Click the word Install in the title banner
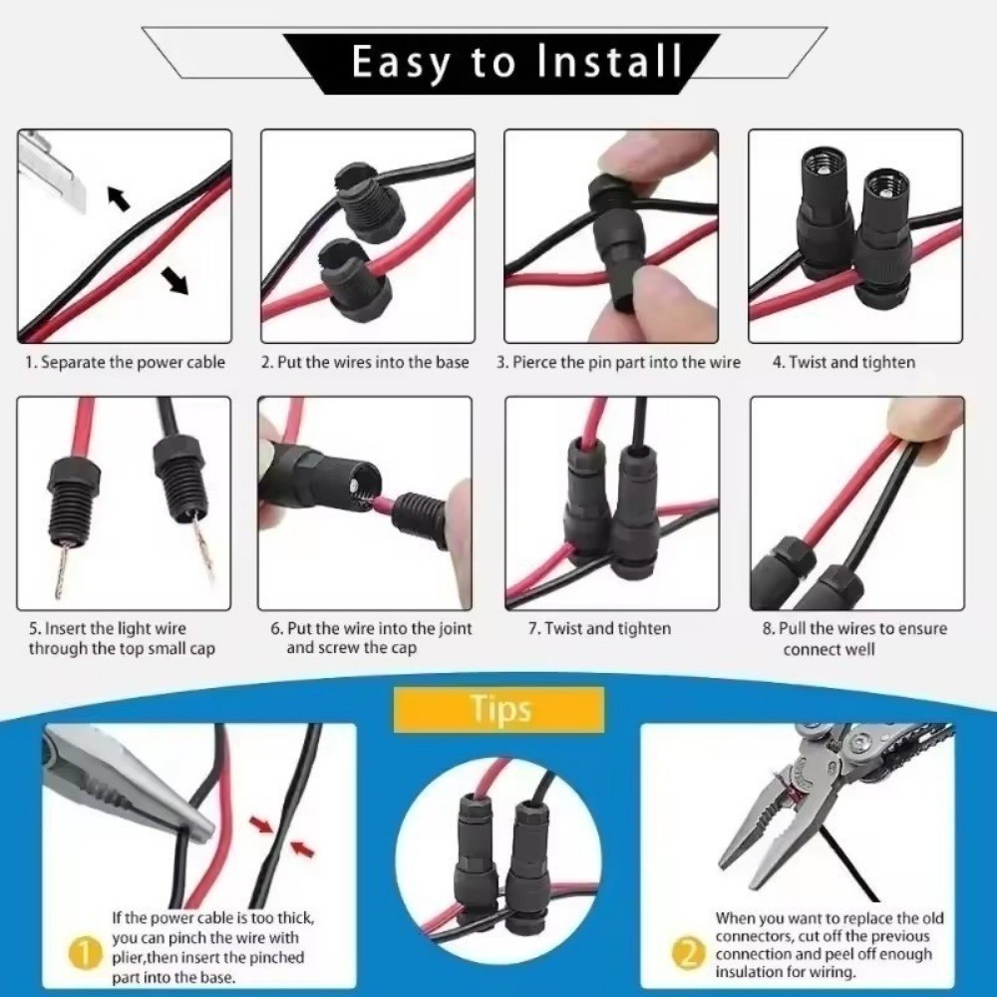coord(609,61)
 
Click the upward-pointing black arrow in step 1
coord(119,197)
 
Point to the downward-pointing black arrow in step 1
coord(174,281)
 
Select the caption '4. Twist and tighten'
coord(843,363)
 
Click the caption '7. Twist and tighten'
coord(599,629)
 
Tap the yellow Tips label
coord(499,709)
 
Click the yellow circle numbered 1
coord(85,955)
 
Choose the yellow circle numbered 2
coord(689,955)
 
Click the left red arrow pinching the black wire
coord(260,826)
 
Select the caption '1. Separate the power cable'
coord(126,363)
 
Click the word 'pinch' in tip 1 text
coord(188,937)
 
